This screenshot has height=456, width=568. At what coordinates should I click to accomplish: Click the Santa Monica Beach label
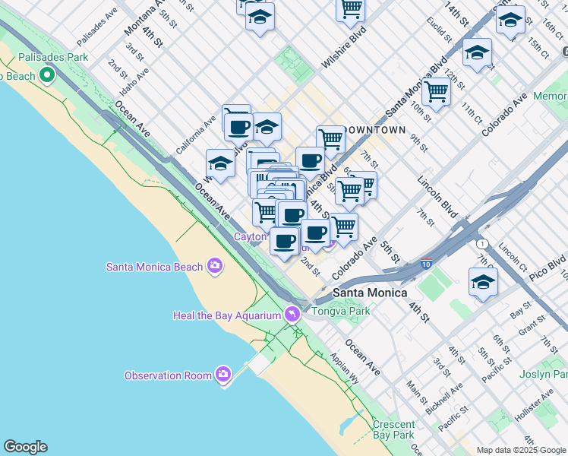154,267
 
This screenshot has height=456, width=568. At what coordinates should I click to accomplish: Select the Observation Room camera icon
222,375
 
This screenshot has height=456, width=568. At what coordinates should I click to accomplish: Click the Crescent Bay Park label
393,430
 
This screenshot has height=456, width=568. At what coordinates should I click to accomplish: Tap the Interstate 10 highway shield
425,264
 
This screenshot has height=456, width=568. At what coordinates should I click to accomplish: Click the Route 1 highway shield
481,244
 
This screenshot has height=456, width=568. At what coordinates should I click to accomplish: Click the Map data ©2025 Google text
521,450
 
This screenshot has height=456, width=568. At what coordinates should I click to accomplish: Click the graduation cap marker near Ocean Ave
219,163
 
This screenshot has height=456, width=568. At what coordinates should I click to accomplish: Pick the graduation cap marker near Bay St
483,283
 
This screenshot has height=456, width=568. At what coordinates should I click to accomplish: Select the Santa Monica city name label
370,293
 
